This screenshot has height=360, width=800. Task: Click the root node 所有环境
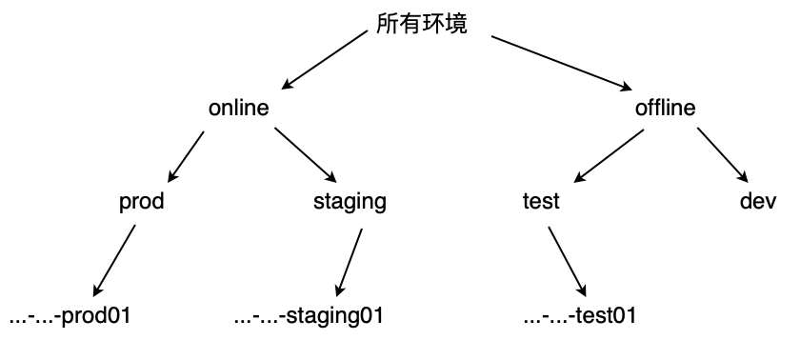pyautogui.click(x=422, y=25)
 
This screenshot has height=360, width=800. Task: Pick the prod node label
pyautogui.click(x=142, y=202)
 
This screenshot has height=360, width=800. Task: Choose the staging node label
pyautogui.click(x=350, y=202)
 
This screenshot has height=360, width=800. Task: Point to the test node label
pyautogui.click(x=541, y=202)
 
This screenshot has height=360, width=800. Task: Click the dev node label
pyautogui.click(x=759, y=202)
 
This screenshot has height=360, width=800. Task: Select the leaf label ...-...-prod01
pyautogui.click(x=69, y=316)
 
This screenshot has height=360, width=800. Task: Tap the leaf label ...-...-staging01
pyautogui.click(x=309, y=316)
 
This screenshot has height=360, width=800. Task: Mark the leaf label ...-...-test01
pyautogui.click(x=579, y=316)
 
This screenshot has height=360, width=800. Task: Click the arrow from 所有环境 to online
pyautogui.click(x=325, y=60)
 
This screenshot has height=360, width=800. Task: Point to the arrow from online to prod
pyautogui.click(x=187, y=155)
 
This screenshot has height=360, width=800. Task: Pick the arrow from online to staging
pyautogui.click(x=305, y=153)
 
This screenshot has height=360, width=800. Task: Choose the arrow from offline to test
pyautogui.click(x=610, y=155)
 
